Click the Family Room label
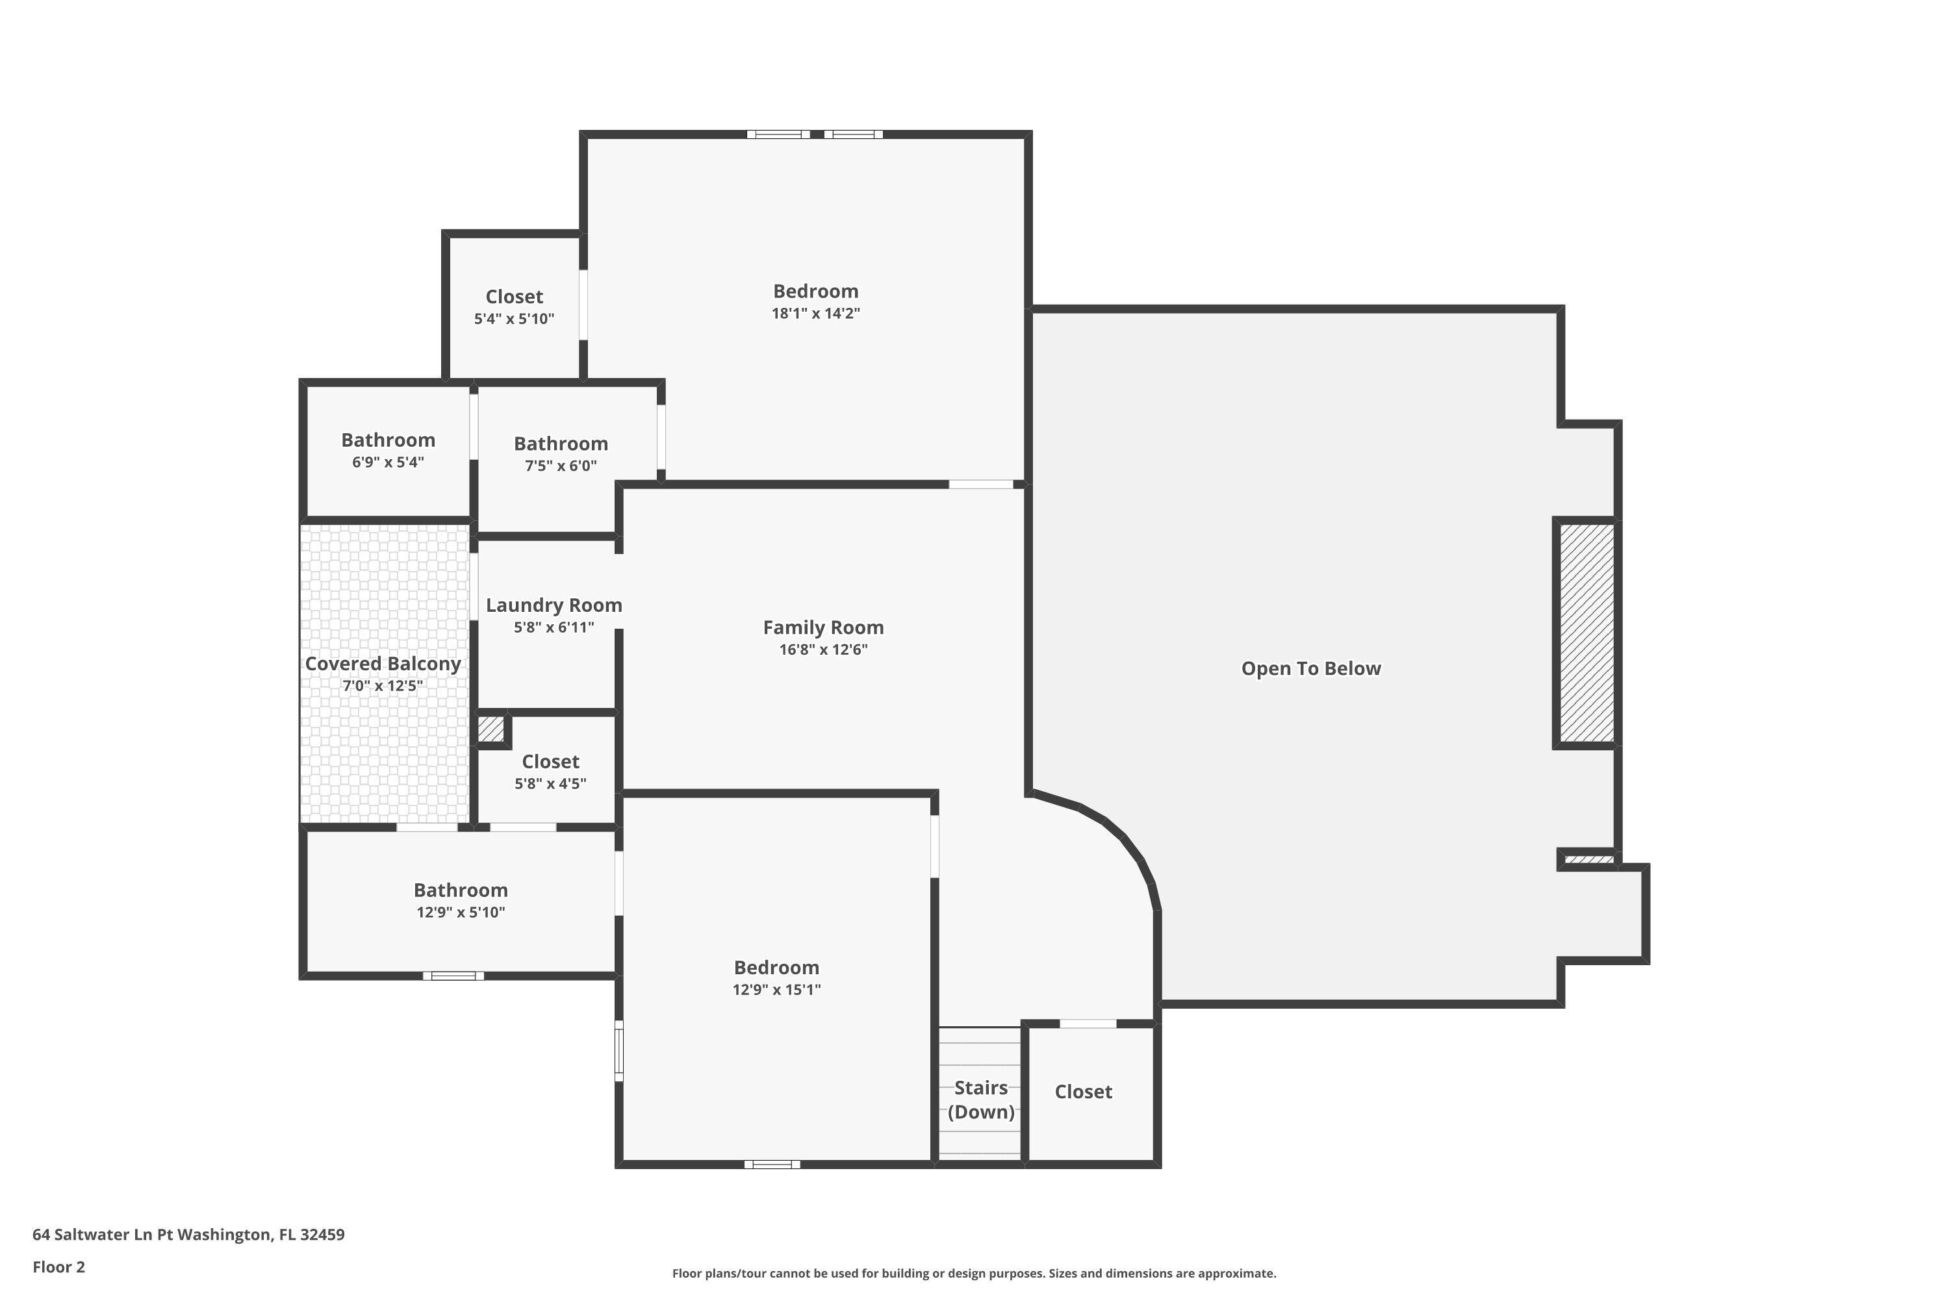pyautogui.click(x=823, y=627)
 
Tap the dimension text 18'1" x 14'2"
pyautogui.click(x=815, y=314)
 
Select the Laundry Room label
pyautogui.click(x=554, y=605)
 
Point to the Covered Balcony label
pyautogui.click(x=383, y=664)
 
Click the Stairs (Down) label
pyautogui.click(x=980, y=1100)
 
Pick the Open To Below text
pyautogui.click(x=1310, y=668)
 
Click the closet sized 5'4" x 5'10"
pyautogui.click(x=514, y=307)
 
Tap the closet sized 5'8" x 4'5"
pyautogui.click(x=550, y=772)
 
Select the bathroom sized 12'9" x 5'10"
pyautogui.click(x=461, y=900)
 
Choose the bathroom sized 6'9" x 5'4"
pyautogui.click(x=388, y=450)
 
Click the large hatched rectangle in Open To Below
pyautogui.click(x=1586, y=633)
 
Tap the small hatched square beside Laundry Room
pyautogui.click(x=490, y=729)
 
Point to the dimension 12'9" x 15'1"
pyautogui.click(x=776, y=989)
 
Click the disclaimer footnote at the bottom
pyautogui.click(x=974, y=1273)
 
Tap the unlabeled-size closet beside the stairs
pyautogui.click(x=1083, y=1092)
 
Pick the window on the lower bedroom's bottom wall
pyautogui.click(x=772, y=1164)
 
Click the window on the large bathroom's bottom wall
pyautogui.click(x=453, y=976)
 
